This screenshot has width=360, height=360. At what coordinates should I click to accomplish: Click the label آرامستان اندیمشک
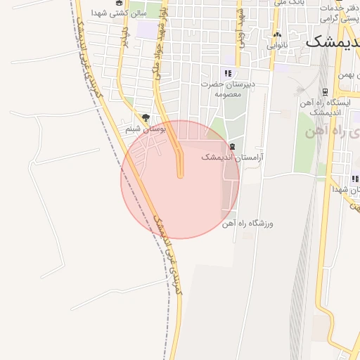click(x=226, y=157)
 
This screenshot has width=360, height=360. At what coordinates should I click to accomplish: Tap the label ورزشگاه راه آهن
click(x=247, y=224)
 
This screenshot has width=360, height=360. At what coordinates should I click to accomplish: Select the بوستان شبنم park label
click(x=146, y=129)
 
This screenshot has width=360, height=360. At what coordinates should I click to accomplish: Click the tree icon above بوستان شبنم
click(x=146, y=118)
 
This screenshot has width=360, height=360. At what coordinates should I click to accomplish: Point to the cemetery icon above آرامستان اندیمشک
click(x=232, y=147)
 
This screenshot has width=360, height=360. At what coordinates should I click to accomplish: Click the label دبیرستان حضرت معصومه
click(x=226, y=89)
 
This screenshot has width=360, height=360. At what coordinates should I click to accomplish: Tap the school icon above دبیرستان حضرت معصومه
click(x=227, y=73)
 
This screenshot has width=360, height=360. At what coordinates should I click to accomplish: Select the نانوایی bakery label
click(x=277, y=45)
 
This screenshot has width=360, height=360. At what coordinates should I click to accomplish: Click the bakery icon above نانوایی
click(x=277, y=34)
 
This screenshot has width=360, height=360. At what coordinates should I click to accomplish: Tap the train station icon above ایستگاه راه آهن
click(x=325, y=91)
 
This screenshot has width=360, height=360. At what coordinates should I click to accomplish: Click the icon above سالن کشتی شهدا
click(x=118, y=3)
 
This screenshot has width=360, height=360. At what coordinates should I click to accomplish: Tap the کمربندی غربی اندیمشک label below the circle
click(x=172, y=260)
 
